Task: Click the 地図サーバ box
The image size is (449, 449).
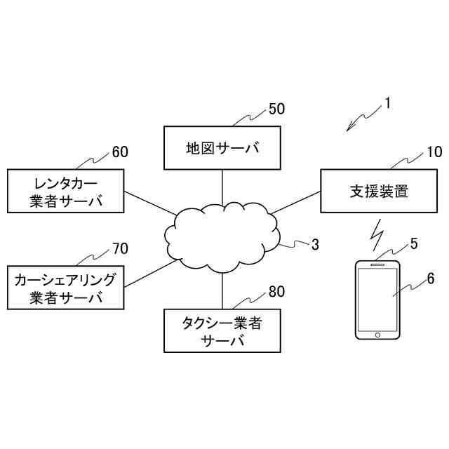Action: pyautogui.click(x=222, y=148)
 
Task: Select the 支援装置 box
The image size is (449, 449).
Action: pyautogui.click(x=377, y=191)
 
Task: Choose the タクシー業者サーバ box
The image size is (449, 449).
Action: pyautogui.click(x=222, y=331)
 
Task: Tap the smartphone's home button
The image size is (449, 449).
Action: pyautogui.click(x=377, y=335)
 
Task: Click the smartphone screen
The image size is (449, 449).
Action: pyautogui.click(x=377, y=300)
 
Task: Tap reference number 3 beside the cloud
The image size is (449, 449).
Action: pyautogui.click(x=315, y=244)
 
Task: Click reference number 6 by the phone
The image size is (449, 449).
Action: pyautogui.click(x=430, y=279)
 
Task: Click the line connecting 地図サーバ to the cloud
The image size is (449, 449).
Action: pyautogui.click(x=222, y=185)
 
